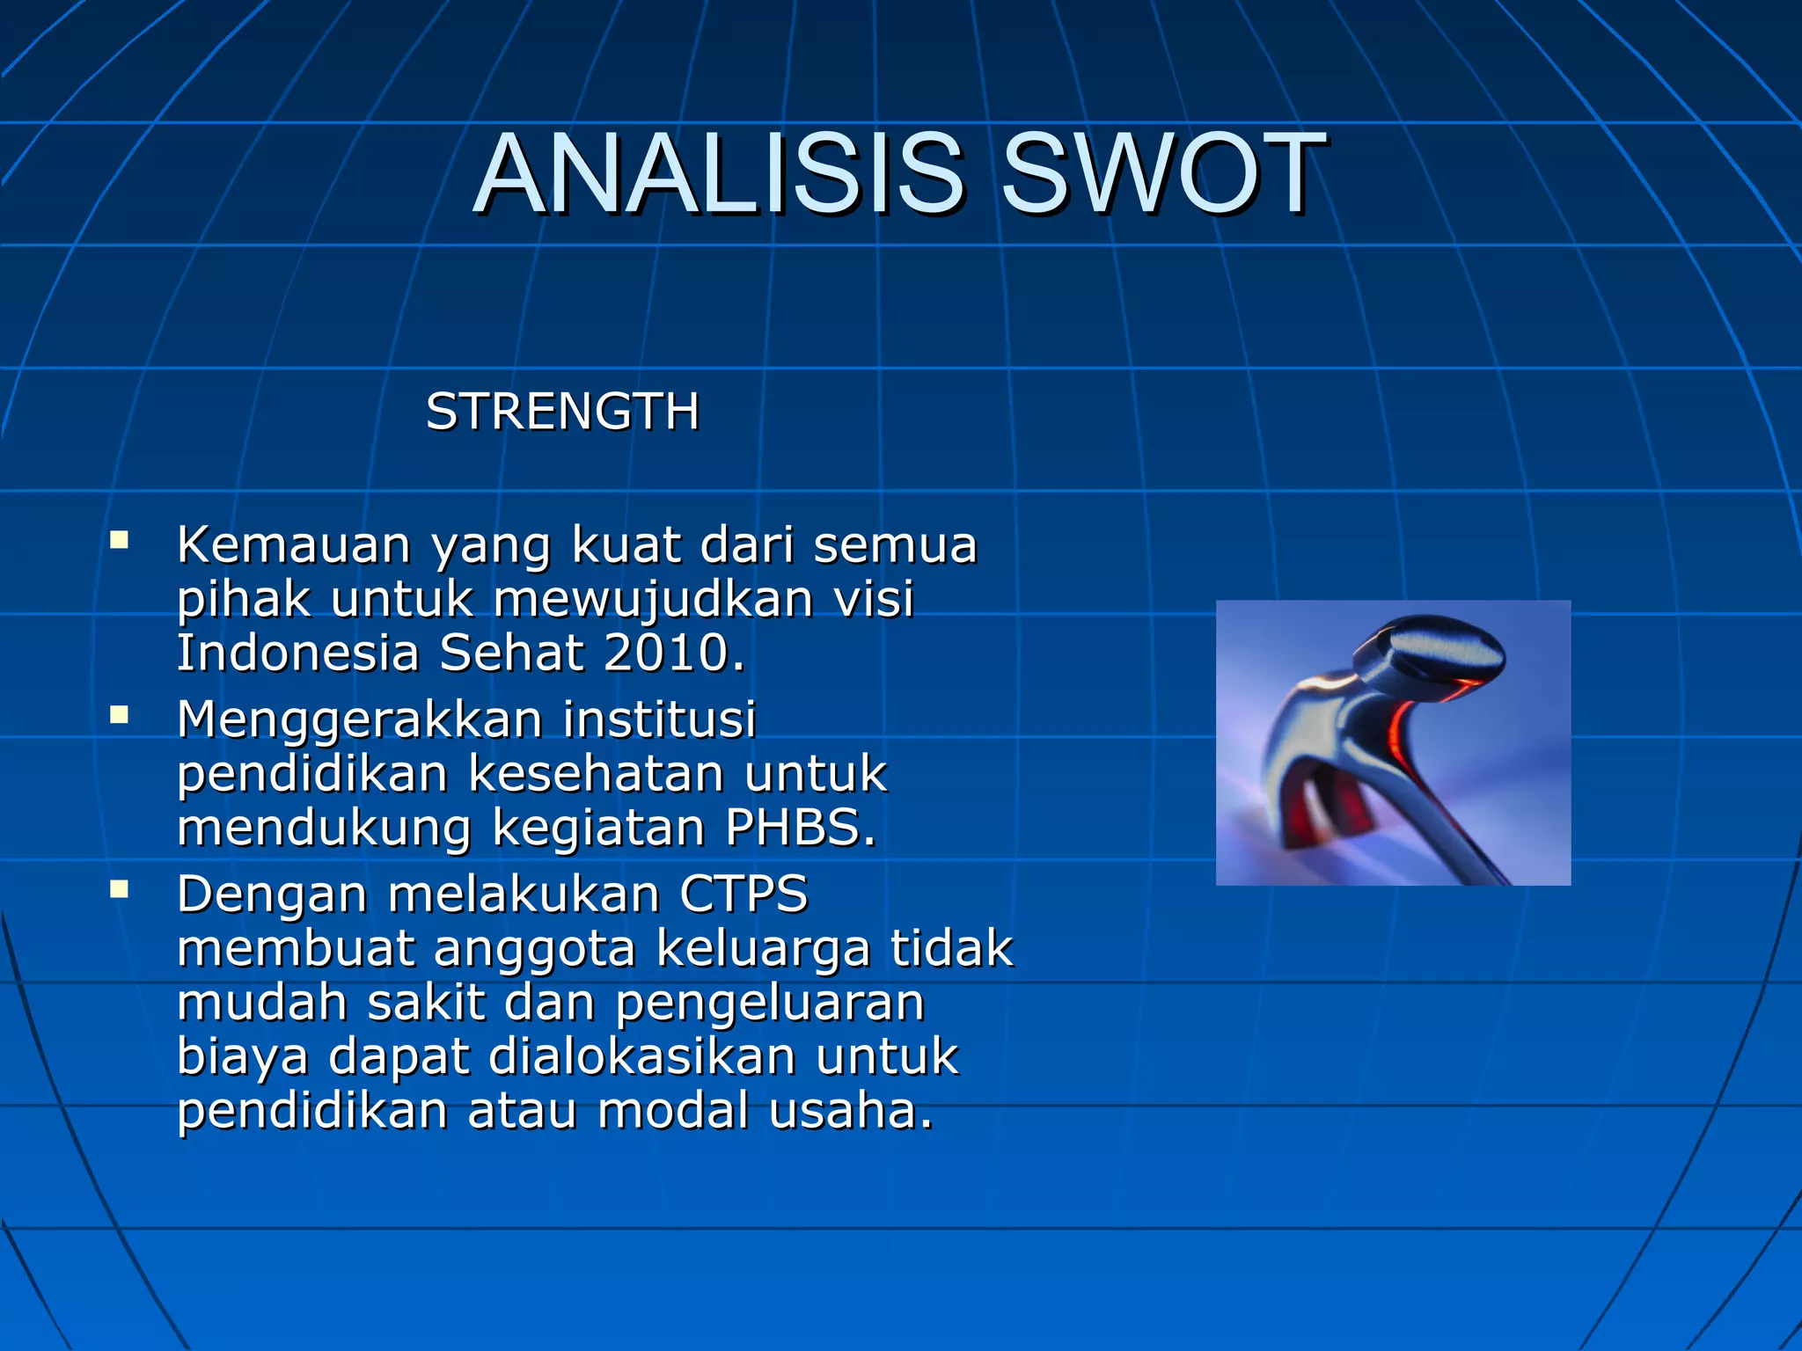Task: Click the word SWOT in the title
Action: click(x=1163, y=174)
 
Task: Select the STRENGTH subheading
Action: click(x=562, y=412)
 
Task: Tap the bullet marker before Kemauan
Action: click(x=120, y=540)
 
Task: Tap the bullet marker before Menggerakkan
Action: click(x=120, y=715)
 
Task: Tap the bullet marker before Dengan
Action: click(x=120, y=890)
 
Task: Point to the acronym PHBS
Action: click(x=800, y=828)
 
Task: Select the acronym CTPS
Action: click(x=744, y=895)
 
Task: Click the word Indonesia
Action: click(x=297, y=653)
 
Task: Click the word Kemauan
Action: click(x=294, y=544)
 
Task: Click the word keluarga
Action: click(x=762, y=949)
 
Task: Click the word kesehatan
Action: click(x=598, y=774)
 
